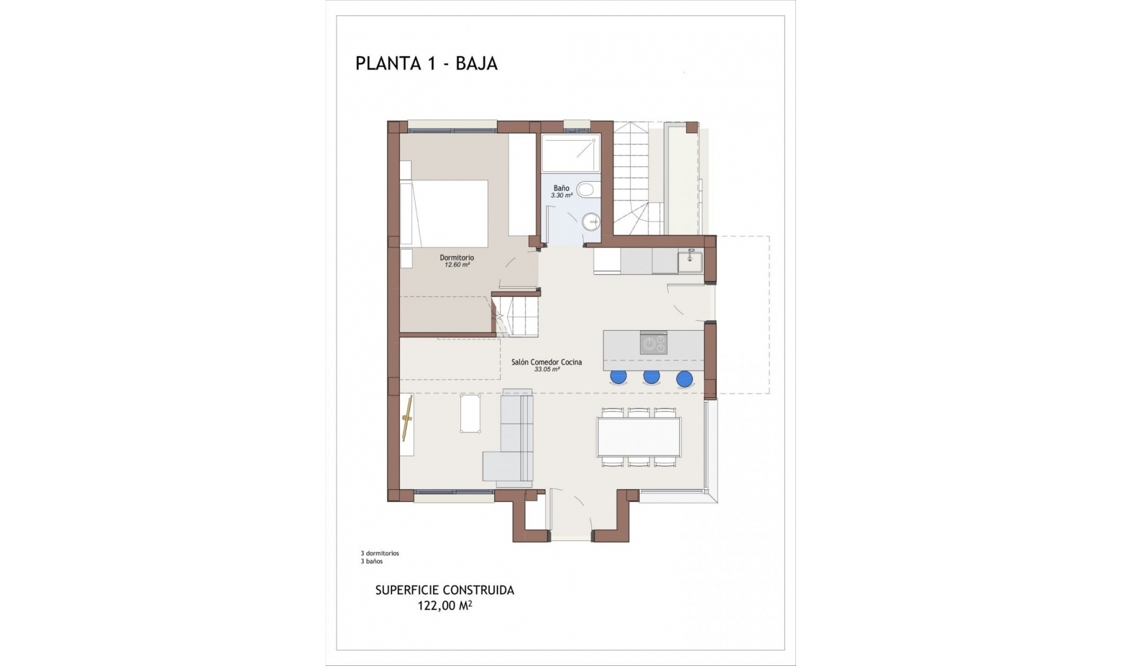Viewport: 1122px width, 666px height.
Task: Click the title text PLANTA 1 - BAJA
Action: [426, 63]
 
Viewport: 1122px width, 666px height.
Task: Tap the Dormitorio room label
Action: [456, 258]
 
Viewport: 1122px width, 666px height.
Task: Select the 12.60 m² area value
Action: [456, 265]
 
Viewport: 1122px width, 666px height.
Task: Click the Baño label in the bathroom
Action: [561, 188]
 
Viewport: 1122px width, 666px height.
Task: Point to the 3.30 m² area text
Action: [561, 196]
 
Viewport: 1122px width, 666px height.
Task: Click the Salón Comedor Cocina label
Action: [546, 362]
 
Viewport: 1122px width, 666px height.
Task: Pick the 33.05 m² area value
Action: [546, 369]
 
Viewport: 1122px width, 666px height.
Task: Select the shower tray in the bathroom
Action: [570, 154]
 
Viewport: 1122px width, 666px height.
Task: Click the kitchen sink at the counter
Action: [690, 261]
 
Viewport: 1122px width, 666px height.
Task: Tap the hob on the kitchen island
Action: [653, 343]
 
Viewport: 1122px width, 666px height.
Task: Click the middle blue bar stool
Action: [651, 377]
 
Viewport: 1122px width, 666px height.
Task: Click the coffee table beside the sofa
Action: [470, 414]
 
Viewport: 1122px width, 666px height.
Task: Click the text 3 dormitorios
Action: [380, 553]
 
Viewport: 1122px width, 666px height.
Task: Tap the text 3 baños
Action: [372, 561]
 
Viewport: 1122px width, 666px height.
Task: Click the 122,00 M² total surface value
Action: [444, 606]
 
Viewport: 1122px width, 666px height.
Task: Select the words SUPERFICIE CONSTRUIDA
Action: [444, 590]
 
